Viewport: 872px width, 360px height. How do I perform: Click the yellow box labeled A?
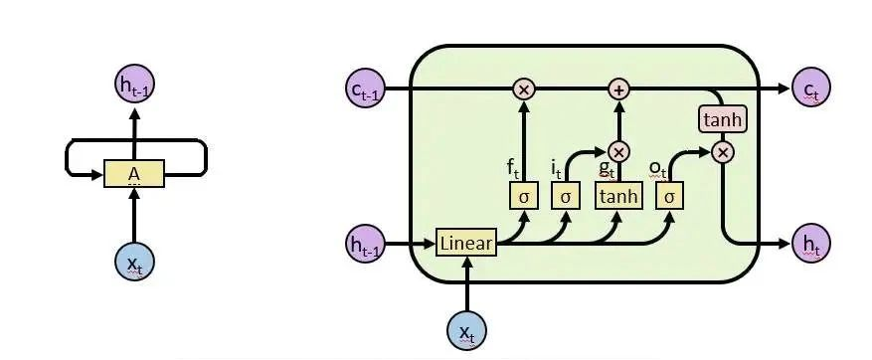click(x=135, y=175)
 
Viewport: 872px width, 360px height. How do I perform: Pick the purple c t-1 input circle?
click(x=364, y=90)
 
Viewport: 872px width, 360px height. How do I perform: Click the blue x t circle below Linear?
click(x=466, y=330)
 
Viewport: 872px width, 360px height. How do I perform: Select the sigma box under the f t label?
click(x=523, y=196)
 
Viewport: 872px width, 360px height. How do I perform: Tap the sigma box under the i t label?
click(x=565, y=196)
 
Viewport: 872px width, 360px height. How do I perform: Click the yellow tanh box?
click(x=618, y=196)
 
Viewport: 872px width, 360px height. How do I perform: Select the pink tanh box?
click(x=723, y=120)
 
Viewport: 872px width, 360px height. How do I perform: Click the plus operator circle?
click(x=618, y=90)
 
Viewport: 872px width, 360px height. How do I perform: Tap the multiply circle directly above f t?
click(x=523, y=90)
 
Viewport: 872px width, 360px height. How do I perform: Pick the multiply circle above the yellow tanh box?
click(x=618, y=151)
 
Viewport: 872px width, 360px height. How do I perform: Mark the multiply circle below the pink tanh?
click(x=723, y=151)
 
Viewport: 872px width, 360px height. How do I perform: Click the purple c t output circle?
click(x=810, y=90)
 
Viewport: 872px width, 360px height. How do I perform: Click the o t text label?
click(x=657, y=167)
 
